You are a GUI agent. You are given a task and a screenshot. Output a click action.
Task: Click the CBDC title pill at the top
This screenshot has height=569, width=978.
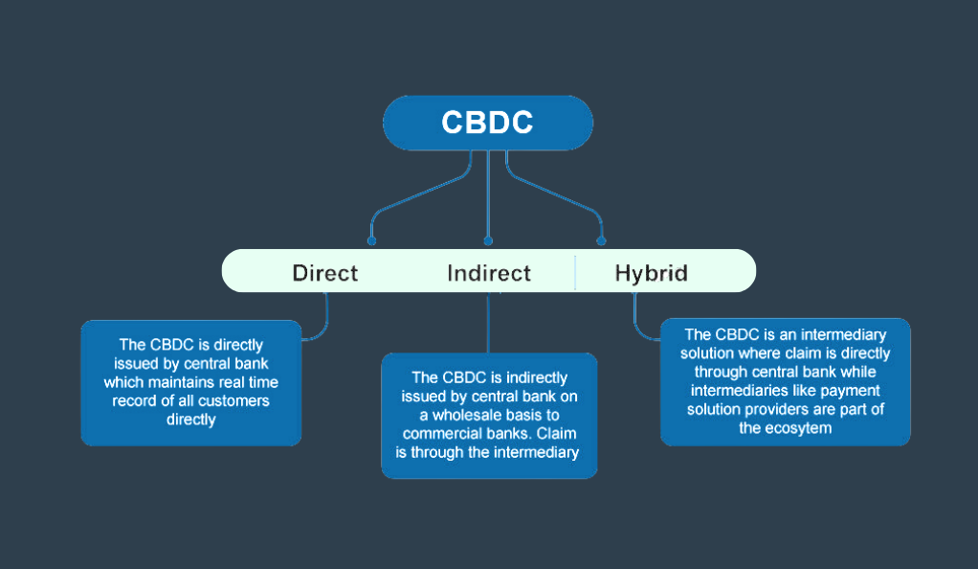point(488,123)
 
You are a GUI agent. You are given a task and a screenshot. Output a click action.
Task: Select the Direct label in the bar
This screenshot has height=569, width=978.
point(325,273)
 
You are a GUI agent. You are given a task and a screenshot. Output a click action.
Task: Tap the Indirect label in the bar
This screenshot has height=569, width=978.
point(489,273)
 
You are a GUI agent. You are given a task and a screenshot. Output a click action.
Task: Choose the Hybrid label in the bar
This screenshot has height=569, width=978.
point(651,274)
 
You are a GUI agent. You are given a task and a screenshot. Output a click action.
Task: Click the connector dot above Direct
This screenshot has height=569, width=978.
point(371,241)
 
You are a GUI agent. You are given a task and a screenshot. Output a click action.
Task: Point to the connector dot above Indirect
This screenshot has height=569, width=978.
point(488,241)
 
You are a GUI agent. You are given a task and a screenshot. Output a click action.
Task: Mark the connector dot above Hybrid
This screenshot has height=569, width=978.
point(601,241)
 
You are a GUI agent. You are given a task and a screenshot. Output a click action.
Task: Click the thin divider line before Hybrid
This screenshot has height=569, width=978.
point(575,272)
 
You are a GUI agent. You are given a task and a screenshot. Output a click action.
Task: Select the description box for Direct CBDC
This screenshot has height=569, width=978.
point(191,383)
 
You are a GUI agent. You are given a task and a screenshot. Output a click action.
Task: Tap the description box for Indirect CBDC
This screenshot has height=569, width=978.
point(489,416)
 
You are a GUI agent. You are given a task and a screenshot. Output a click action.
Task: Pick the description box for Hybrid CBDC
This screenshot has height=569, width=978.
point(786,381)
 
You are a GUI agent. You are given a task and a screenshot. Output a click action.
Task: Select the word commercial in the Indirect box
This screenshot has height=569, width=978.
point(446,434)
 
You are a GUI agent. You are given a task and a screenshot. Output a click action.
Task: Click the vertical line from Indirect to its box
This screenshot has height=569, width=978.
point(488,322)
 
